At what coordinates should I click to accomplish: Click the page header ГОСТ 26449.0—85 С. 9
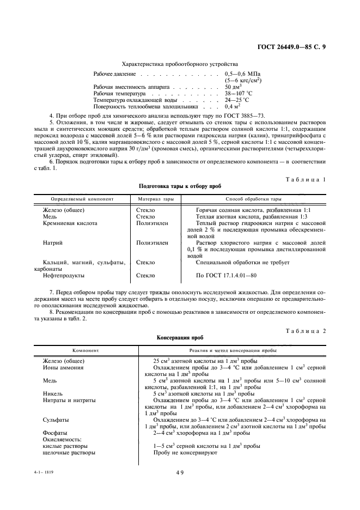tap(291, 47)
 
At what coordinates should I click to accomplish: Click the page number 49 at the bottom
tap(180, 473)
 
